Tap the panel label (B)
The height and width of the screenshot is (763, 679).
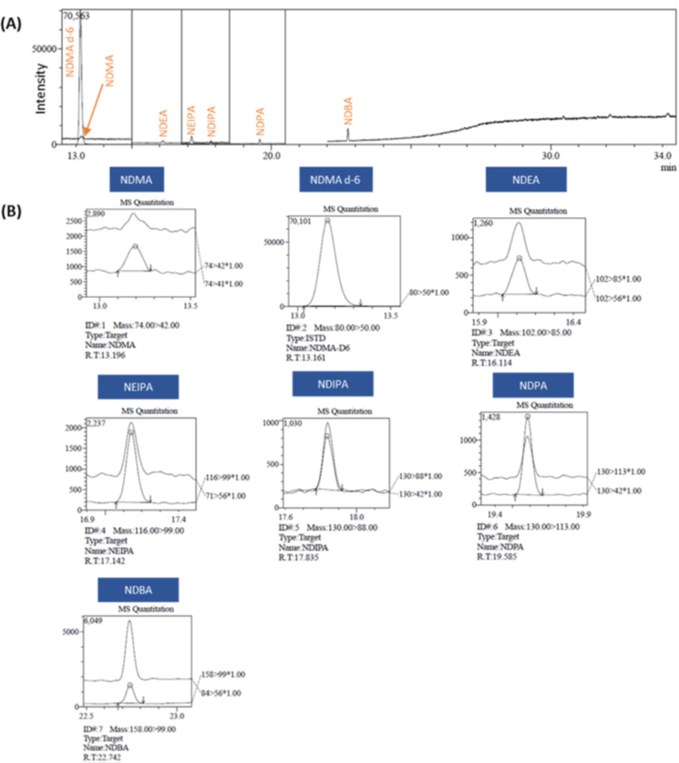point(15,213)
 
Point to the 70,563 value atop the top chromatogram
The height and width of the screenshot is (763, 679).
point(77,15)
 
